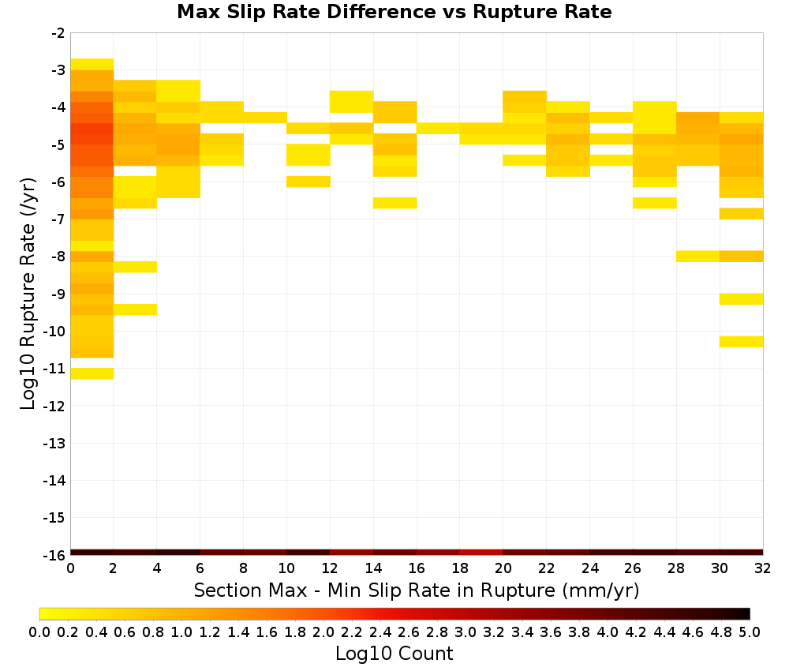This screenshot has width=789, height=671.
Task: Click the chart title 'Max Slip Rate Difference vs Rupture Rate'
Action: coord(394,12)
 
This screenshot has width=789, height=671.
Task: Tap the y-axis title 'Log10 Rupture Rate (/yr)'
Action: coord(28,294)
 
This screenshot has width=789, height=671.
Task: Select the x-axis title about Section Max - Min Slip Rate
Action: coord(416,590)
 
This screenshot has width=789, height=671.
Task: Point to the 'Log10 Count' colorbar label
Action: coord(394,654)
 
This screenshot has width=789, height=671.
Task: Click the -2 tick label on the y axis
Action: coord(58,33)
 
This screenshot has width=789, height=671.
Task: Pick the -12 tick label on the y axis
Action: coord(54,406)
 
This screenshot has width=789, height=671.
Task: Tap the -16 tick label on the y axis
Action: coord(54,555)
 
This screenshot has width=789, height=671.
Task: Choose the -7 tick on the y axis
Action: coord(58,219)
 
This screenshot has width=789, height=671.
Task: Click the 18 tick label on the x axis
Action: coord(460,568)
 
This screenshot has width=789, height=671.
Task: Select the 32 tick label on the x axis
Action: coord(763,568)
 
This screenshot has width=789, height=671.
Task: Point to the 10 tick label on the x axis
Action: coord(286,568)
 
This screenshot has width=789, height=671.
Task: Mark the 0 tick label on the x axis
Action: coord(70,568)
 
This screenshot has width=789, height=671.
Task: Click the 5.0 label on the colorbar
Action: coord(750,632)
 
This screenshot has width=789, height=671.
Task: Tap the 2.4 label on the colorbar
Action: coord(380,632)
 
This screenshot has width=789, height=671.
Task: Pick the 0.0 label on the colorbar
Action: coord(39,632)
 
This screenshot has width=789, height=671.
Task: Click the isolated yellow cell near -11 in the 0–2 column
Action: coord(92,373)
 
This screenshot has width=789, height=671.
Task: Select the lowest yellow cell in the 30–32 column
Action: coord(741,341)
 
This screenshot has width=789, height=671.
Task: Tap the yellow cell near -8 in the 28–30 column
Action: coord(698,257)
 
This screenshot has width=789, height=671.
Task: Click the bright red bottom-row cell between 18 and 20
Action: coord(481,553)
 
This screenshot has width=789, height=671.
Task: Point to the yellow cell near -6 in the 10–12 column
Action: coord(308,182)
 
